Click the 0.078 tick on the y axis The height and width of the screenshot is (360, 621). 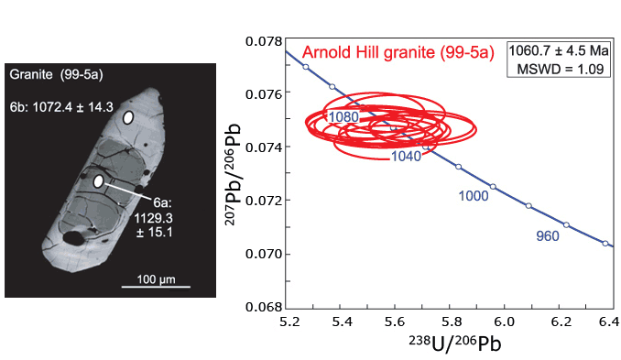(265, 42)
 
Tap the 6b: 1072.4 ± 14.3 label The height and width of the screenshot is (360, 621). (60, 107)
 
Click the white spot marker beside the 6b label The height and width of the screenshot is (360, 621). (129, 118)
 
